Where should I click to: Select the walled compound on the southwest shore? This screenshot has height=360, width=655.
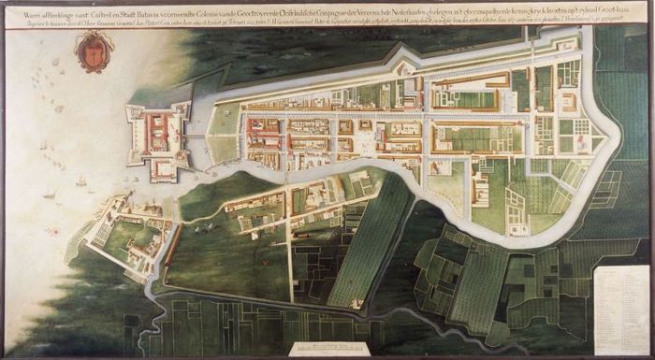click(x=126, y=239)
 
